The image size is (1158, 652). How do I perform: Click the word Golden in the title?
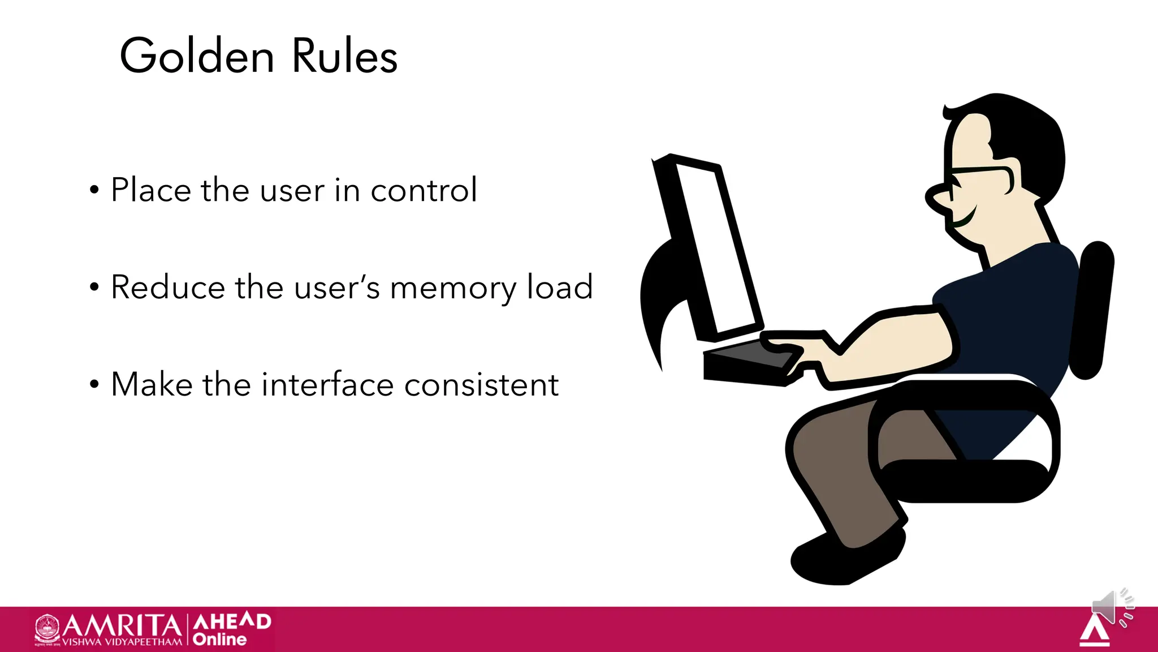(197, 56)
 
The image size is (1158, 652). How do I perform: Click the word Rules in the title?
(344, 56)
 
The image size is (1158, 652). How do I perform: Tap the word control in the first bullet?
(424, 190)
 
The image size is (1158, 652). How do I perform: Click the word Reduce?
(168, 287)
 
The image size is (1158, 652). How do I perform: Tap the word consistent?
(482, 385)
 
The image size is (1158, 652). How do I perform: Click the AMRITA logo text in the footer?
(122, 626)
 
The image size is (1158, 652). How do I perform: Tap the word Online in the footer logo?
(219, 640)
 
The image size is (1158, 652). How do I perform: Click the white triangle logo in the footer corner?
(1095, 632)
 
